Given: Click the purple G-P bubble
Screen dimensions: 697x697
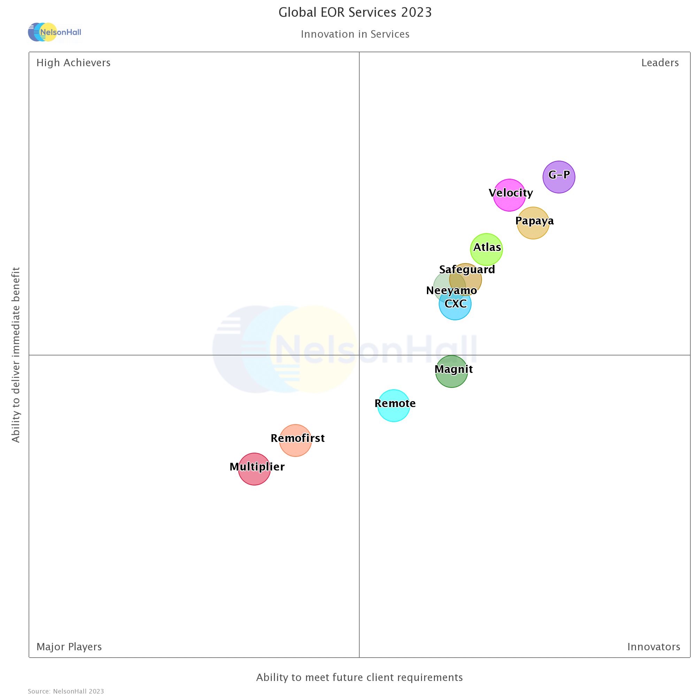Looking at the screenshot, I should pos(559,177).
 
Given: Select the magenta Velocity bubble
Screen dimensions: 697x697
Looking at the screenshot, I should pos(510,195).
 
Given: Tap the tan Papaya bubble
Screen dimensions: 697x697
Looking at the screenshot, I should pos(533,223).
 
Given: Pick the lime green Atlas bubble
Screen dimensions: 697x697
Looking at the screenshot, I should pos(486,250).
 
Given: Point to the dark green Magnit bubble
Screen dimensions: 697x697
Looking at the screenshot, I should pos(451,372).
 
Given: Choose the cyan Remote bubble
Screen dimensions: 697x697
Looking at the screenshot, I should pos(393,406).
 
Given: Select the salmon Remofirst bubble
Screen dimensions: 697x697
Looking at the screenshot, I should pos(296,441).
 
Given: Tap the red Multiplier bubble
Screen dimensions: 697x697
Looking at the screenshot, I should pos(254,469).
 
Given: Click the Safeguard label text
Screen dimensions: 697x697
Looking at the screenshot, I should pos(467,269).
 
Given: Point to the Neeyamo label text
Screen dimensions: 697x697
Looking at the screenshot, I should pos(451,290).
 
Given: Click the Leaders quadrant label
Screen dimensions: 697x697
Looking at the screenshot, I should pos(660,63).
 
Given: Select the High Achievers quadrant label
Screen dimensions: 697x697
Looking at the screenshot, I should pos(74,63).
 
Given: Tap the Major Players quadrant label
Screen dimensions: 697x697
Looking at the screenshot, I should pos(69,647).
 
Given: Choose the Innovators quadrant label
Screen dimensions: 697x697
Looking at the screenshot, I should pos(654,647).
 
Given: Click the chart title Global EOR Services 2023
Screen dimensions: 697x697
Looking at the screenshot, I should pos(355,13).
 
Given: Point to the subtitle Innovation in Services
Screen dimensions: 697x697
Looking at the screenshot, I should pos(355,34).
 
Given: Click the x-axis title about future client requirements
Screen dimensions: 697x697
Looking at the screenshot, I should pos(359,677).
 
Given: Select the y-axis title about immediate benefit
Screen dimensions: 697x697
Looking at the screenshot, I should pos(16,355).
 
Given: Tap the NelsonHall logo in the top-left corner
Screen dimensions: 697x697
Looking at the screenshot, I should pos(55,32).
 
